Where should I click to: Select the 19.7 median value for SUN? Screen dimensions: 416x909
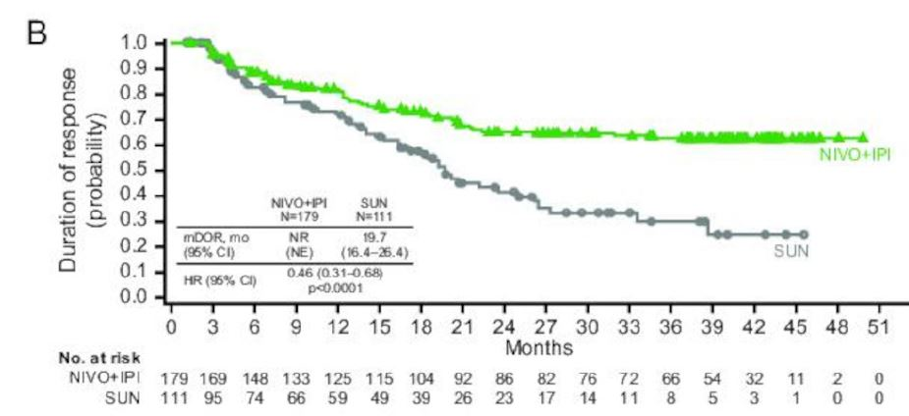(374, 235)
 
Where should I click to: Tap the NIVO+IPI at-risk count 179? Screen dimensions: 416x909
(171, 379)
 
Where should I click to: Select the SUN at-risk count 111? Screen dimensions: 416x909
(171, 397)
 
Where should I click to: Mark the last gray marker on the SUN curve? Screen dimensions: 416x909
(803, 234)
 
